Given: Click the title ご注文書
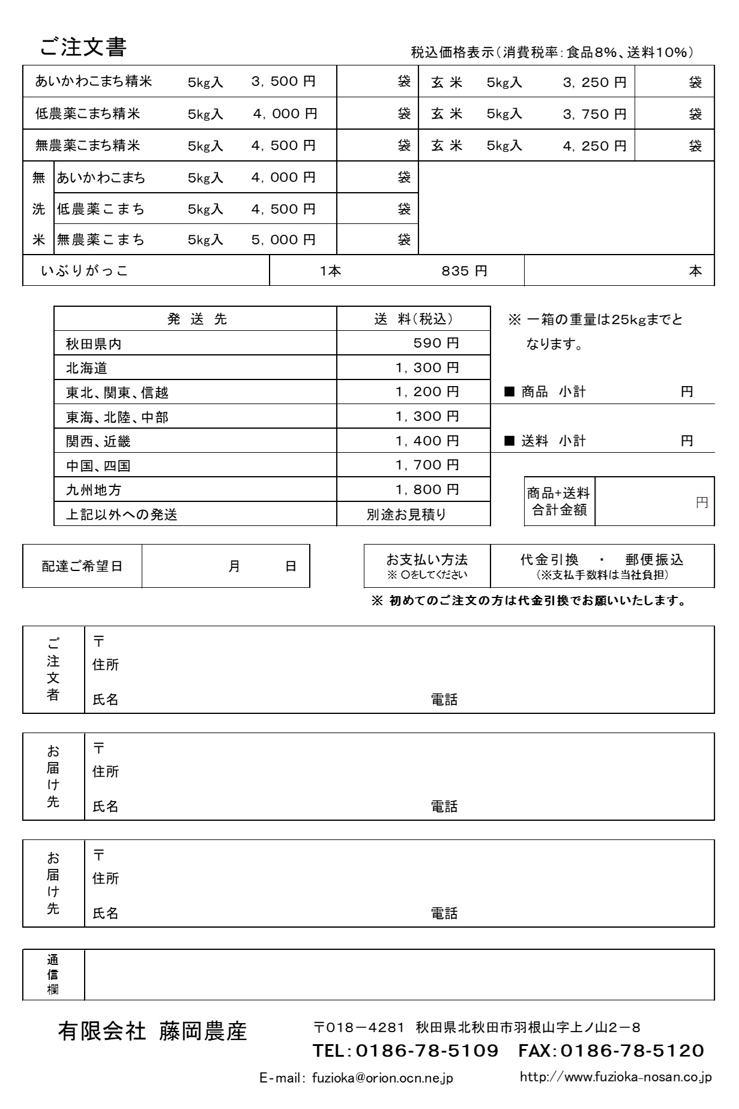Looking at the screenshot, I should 83,47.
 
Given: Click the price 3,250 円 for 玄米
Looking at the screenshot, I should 594,82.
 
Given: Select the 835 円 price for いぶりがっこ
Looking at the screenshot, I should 464,271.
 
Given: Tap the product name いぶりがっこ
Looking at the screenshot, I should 85,271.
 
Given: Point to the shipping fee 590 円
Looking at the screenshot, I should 436,343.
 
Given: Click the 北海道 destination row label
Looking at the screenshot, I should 86,368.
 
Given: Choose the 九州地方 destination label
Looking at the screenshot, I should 94,490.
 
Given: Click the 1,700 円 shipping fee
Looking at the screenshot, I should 427,465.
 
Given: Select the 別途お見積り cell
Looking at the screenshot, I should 406,515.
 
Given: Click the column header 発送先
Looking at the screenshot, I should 197,319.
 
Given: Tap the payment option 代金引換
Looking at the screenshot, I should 549,560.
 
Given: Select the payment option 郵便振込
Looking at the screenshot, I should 654,560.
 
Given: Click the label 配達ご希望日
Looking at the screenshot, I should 82,566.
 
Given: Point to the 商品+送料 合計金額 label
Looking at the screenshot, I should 559,501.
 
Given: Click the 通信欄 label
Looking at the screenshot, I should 53,975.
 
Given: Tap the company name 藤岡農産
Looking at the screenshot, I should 203,1032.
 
